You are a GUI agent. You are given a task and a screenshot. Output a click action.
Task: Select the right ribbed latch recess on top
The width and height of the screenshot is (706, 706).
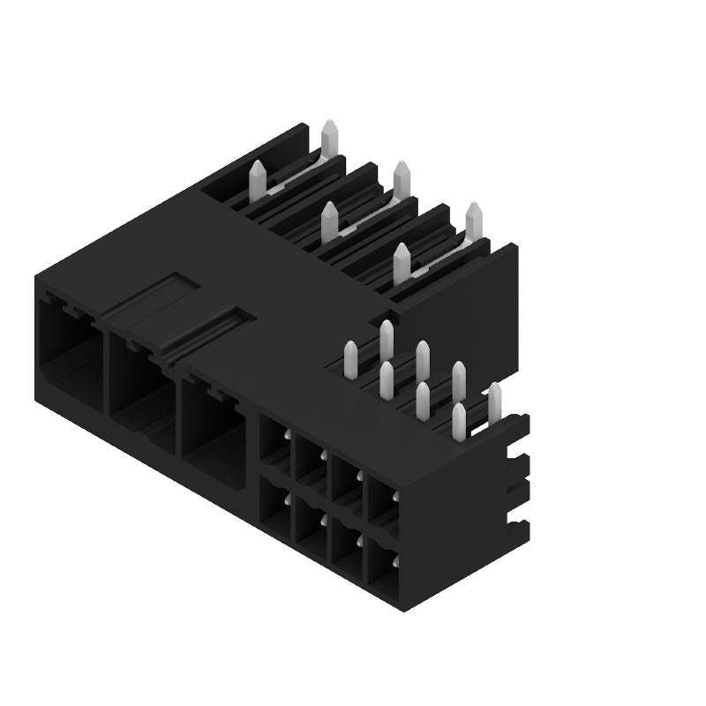click(x=207, y=331)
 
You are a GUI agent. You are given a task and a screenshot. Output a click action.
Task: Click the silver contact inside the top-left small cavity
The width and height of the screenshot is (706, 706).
click(x=287, y=435)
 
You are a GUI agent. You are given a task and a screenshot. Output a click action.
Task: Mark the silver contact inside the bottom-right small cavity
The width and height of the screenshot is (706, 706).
click(x=394, y=562)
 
